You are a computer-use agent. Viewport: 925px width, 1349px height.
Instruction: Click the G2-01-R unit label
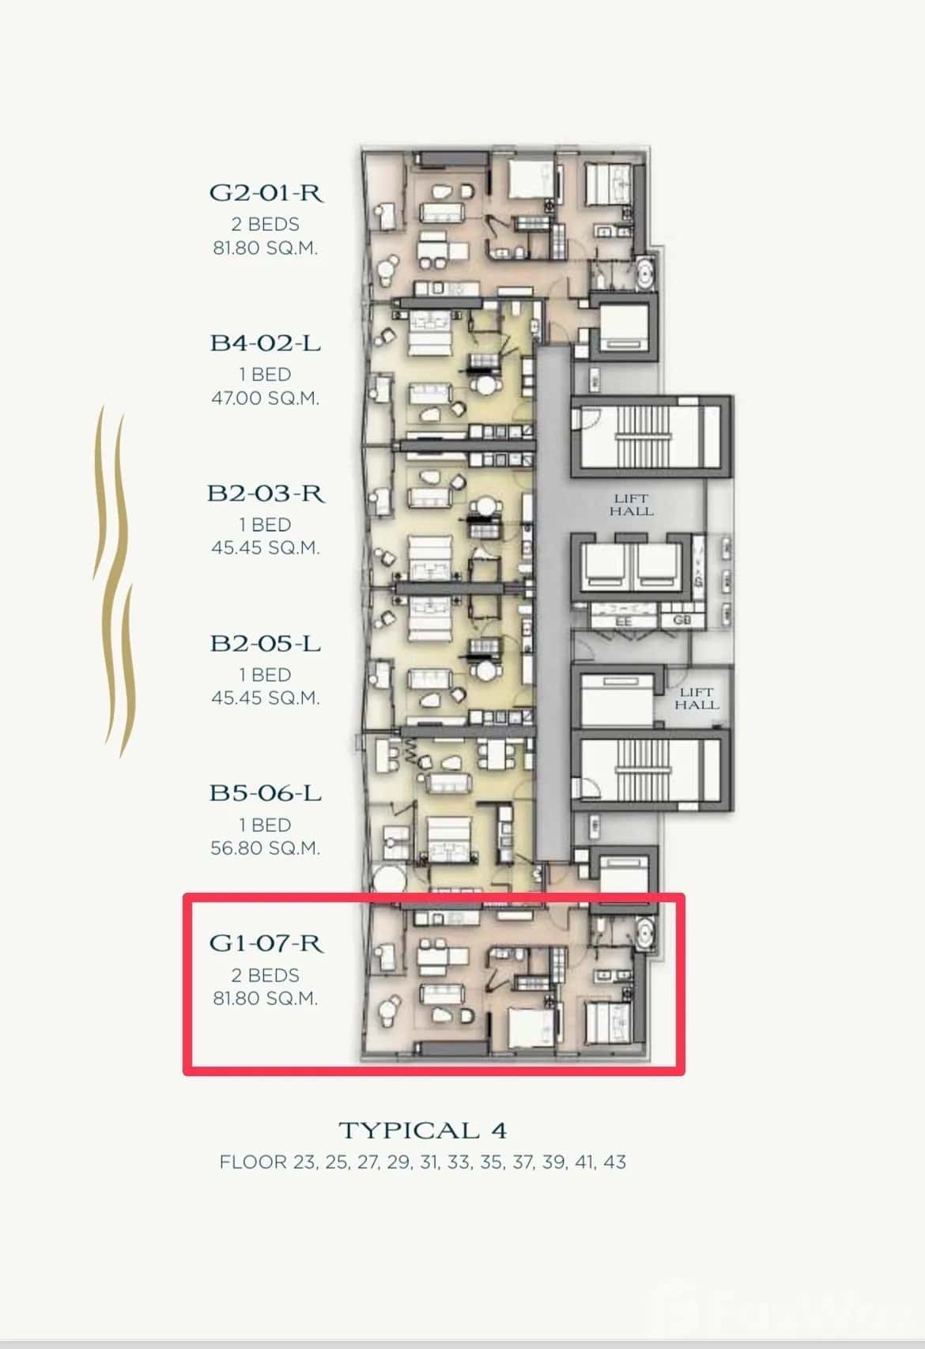coord(266,193)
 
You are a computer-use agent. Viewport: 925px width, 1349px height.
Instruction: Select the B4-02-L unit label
coord(266,343)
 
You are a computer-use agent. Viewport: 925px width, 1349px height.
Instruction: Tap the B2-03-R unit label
coord(266,493)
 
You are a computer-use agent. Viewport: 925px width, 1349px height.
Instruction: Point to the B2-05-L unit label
coord(266,644)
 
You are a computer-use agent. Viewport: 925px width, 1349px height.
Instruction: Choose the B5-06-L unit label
coord(266,793)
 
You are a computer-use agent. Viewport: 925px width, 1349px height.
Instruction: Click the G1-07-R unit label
coord(266,943)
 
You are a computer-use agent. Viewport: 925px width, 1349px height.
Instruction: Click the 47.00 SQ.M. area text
coord(266,398)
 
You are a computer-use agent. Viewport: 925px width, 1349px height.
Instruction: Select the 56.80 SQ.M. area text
coord(266,848)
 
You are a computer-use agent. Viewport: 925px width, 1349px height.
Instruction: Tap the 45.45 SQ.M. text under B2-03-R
coord(266,548)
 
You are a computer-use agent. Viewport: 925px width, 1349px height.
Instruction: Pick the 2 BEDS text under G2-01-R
coord(266,225)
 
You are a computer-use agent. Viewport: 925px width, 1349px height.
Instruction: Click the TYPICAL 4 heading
coord(422,1130)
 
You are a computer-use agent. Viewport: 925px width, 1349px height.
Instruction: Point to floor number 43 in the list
coord(614,1162)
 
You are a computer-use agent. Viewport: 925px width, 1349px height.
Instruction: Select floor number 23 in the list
coord(303,1162)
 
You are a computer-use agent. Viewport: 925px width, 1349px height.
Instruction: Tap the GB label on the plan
coord(681,620)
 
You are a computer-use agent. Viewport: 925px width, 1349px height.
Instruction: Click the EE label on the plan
coord(624,622)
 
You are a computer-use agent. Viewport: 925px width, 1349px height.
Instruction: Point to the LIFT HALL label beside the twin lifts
coord(631,504)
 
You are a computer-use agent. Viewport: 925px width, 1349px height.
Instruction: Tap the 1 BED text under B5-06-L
coord(266,825)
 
